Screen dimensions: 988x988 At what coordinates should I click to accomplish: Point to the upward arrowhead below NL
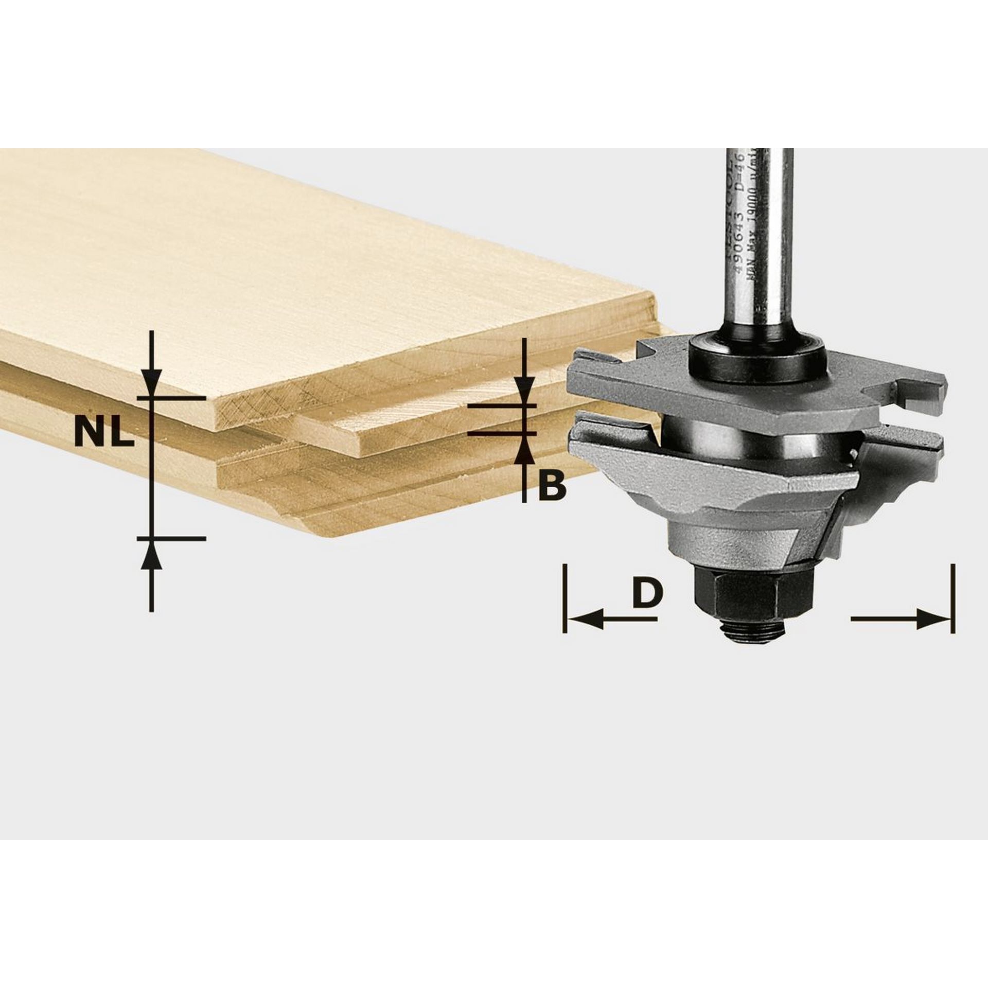[151, 556]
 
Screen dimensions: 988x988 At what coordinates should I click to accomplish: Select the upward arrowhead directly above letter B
[524, 452]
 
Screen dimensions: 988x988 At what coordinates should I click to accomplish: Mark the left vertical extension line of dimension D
[565, 598]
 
